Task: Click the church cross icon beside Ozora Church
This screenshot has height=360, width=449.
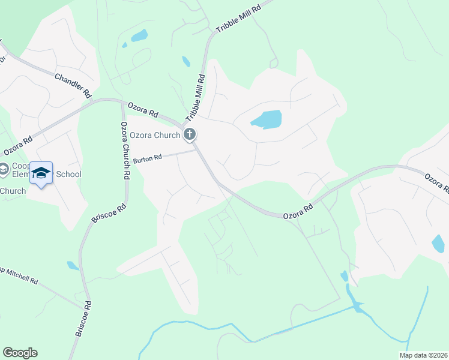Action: pyautogui.click(x=190, y=135)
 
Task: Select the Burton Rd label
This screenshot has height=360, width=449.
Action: pyautogui.click(x=148, y=159)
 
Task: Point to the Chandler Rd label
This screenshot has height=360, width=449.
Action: pyautogui.click(x=73, y=86)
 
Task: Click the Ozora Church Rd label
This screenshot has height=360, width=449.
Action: pyautogui.click(x=125, y=151)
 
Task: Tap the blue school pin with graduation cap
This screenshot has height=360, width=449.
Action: pyautogui.click(x=41, y=173)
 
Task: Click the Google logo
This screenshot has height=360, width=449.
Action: pyautogui.click(x=20, y=353)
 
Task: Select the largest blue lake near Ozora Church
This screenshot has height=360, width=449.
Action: pyautogui.click(x=267, y=120)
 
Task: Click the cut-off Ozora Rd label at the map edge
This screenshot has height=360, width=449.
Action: pyautogui.click(x=436, y=184)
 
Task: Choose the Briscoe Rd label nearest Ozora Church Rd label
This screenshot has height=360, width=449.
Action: pyautogui.click(x=108, y=215)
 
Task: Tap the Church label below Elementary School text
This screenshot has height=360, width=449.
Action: pyautogui.click(x=13, y=191)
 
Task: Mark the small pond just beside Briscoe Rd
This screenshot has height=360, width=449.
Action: pyautogui.click(x=73, y=265)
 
